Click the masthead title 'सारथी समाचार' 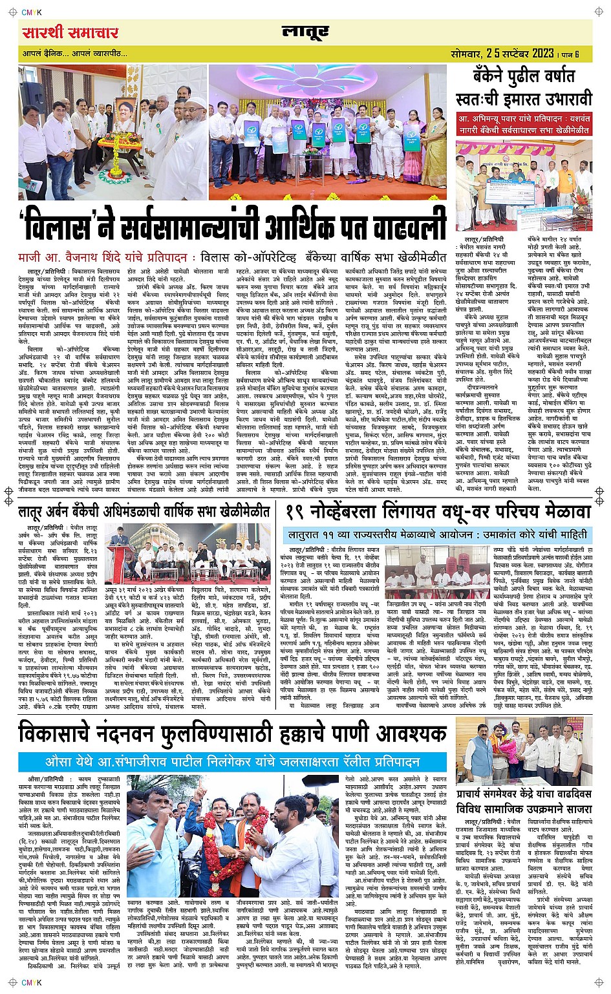(x=70, y=32)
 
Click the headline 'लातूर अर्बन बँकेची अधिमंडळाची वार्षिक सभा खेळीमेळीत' (x=144, y=512)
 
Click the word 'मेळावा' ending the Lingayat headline (x=563, y=512)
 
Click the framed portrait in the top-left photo (x=116, y=118)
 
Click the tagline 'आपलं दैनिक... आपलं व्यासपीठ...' (x=75, y=53)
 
